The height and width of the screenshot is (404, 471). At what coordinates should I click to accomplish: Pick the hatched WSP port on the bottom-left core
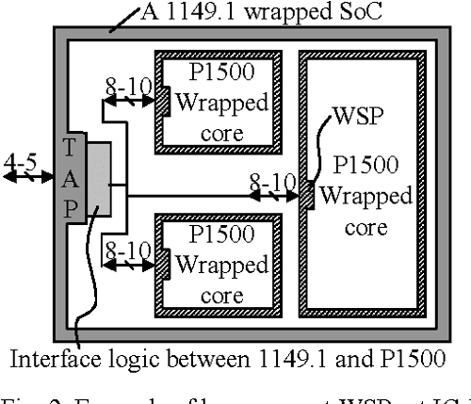[161, 259]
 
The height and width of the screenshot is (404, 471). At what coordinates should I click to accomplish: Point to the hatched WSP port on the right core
[308, 194]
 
